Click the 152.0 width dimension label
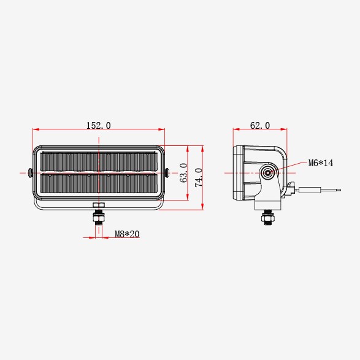pyautogui.click(x=99, y=125)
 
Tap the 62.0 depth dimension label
pyautogui.click(x=260, y=125)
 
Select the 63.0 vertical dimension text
pyautogui.click(x=183, y=173)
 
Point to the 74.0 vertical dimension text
pyautogui.click(x=199, y=177)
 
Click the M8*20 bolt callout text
pyautogui.click(x=127, y=234)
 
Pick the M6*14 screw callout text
pyautogui.click(x=321, y=163)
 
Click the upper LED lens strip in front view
pyautogui.click(x=99, y=162)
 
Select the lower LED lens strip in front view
pyautogui.click(x=99, y=183)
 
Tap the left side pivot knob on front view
pyautogui.click(x=30, y=173)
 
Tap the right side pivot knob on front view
pyautogui.click(x=167, y=173)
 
